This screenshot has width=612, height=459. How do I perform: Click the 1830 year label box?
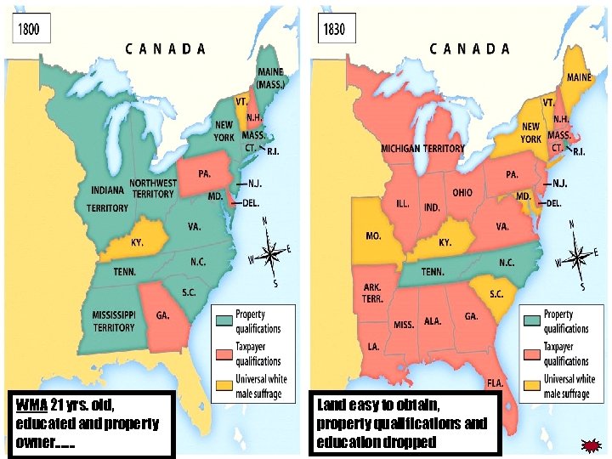click(334, 29)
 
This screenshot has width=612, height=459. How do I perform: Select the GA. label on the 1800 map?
click(161, 314)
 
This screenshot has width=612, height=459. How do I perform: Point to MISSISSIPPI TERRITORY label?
click(114, 321)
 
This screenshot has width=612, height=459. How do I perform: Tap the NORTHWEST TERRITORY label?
click(153, 188)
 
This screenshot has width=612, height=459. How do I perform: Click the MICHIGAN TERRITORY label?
click(422, 148)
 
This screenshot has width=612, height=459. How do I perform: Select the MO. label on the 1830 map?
click(372, 235)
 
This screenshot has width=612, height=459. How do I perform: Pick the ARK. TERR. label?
click(372, 293)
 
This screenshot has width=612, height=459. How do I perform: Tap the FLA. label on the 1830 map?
click(495, 382)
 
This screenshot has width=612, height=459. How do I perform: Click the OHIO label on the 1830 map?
click(462, 193)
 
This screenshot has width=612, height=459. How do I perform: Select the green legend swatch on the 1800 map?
click(223, 321)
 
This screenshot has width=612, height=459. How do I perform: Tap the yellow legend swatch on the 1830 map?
click(531, 386)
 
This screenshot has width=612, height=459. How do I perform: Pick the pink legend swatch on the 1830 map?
click(531, 354)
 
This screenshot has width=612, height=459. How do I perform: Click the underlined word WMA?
click(31, 403)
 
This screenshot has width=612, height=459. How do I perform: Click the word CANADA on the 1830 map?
click(470, 49)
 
